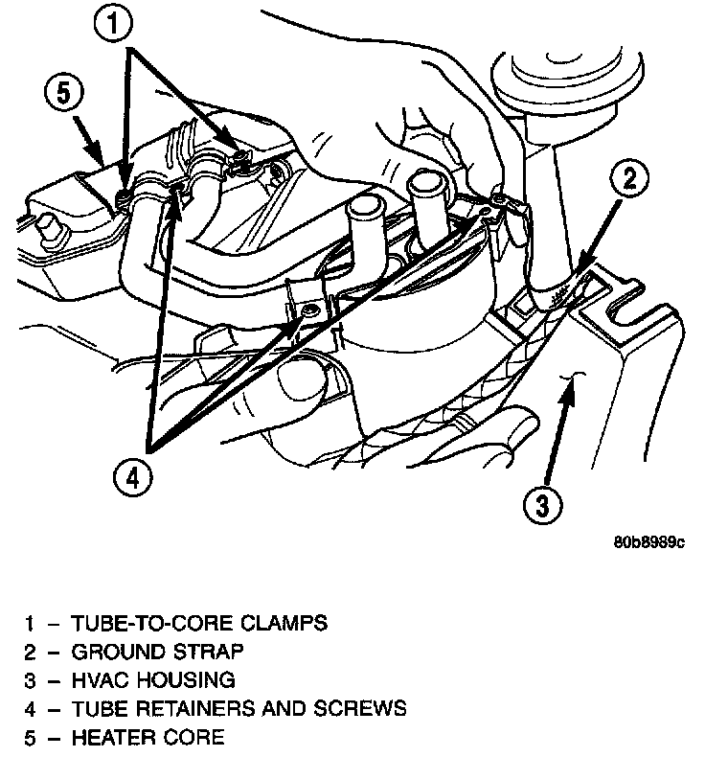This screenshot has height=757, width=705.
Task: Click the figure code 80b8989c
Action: [x=649, y=542]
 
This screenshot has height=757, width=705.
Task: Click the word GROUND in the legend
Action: [x=111, y=652]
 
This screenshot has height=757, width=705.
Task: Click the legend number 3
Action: [x=32, y=680]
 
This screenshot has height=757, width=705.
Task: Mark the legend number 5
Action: [x=32, y=737]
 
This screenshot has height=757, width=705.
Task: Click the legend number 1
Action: [x=32, y=623]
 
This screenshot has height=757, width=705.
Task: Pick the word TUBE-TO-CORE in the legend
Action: [x=151, y=623]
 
